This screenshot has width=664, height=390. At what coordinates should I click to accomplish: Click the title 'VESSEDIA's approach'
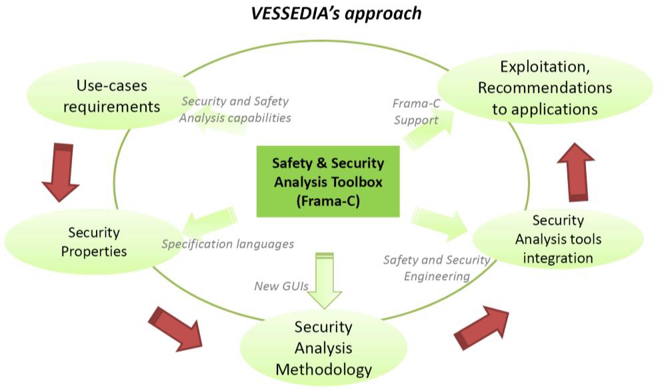click(336, 13)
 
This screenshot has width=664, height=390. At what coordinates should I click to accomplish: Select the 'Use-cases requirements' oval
click(112, 96)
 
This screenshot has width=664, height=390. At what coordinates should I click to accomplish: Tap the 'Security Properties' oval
click(94, 241)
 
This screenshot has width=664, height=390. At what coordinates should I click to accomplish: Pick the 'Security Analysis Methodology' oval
click(323, 347)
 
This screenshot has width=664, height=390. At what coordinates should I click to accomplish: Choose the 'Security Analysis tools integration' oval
click(558, 239)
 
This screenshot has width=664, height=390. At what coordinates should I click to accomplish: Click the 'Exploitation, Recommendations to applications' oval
click(545, 87)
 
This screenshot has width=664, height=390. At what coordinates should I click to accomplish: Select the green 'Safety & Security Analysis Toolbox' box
click(328, 181)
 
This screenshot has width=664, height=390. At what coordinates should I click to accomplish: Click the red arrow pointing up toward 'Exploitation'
click(576, 172)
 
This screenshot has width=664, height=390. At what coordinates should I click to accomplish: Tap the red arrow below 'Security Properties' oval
click(175, 329)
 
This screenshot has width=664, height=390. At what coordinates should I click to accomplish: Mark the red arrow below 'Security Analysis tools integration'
click(481, 328)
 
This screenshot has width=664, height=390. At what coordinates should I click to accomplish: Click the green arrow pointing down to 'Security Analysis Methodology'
click(325, 281)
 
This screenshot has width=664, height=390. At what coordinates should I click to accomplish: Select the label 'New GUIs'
click(281, 286)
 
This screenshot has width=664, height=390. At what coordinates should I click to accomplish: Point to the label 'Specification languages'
click(228, 244)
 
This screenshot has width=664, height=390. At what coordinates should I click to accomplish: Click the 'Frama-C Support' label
click(416, 112)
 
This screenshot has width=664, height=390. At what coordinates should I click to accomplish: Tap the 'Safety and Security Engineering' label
click(437, 268)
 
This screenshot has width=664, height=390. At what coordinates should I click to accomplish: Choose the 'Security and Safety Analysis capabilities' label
click(235, 109)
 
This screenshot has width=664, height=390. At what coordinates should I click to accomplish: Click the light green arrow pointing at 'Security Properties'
click(209, 221)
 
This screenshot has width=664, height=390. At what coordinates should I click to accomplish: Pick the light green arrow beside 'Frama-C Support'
click(428, 130)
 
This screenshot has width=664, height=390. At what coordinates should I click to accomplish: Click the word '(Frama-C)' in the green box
click(328, 201)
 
